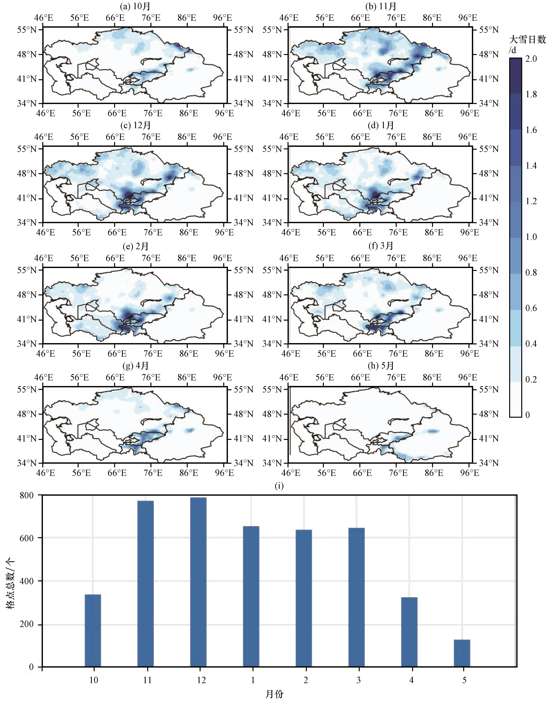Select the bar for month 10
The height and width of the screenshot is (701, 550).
(93, 630)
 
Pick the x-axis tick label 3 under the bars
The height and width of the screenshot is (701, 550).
(358, 680)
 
